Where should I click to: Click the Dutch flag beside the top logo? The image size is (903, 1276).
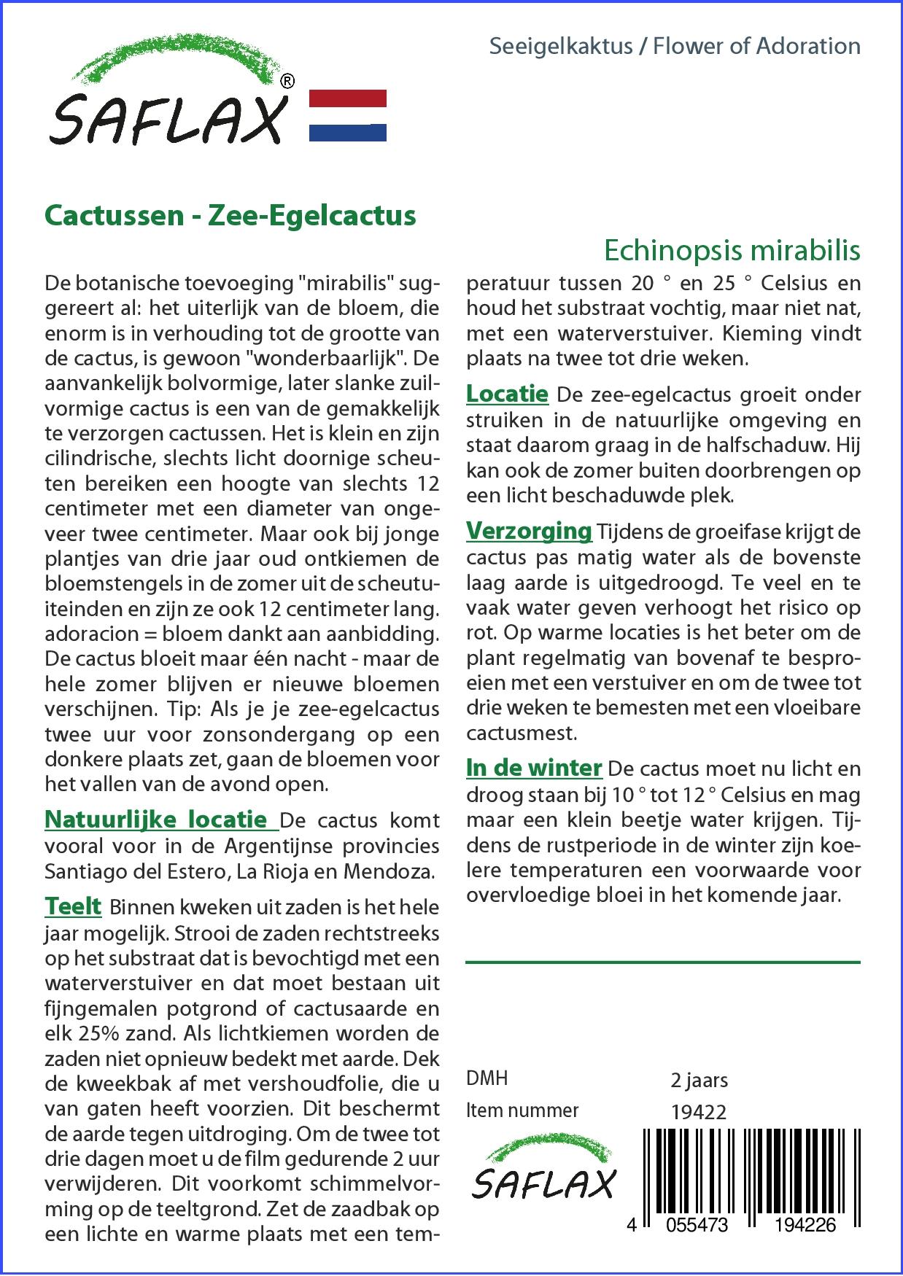pyautogui.click(x=348, y=115)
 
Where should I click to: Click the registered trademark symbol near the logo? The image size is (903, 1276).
pyautogui.click(x=287, y=82)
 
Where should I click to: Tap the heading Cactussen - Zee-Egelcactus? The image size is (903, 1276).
pyautogui.click(x=230, y=216)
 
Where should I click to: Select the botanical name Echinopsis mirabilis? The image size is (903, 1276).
pyautogui.click(x=732, y=250)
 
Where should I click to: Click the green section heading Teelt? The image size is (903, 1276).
pyautogui.click(x=73, y=906)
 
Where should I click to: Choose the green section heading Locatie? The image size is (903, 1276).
pyautogui.click(x=507, y=394)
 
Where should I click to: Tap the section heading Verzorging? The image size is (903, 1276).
pyautogui.click(x=529, y=531)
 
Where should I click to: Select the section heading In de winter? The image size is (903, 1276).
pyautogui.click(x=534, y=768)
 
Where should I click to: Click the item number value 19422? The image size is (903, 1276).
pyautogui.click(x=699, y=1111)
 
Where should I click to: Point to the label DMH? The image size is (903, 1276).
pyautogui.click(x=487, y=1078)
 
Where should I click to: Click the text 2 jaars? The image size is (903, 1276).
pyautogui.click(x=699, y=1079)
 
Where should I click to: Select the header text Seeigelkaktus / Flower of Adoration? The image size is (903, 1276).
pyautogui.click(x=675, y=46)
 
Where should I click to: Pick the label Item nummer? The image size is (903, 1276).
pyautogui.click(x=522, y=1110)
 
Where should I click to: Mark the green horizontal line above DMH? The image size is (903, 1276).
pyautogui.click(x=662, y=962)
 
